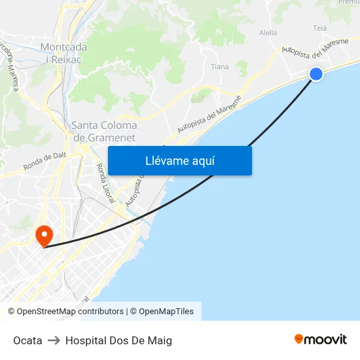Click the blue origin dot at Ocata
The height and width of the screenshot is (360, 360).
pos(316,74)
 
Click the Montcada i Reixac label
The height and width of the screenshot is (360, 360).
pos(62,53)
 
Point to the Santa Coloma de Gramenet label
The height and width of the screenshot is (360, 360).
pos(104,132)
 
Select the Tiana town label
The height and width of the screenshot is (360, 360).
pos(220,67)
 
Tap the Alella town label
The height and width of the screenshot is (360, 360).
pos(268,33)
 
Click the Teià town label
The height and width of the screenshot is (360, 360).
pos(319,28)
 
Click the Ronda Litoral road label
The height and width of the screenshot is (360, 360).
pos(105,183)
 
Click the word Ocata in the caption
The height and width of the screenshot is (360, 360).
pos(27,340)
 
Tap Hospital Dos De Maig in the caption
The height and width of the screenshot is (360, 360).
pos(118,340)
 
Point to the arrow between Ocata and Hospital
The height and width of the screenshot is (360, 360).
pos(54,340)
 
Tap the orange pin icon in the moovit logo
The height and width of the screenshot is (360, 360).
pos(298,339)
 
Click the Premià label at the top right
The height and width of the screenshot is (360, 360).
pos(348,3)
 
